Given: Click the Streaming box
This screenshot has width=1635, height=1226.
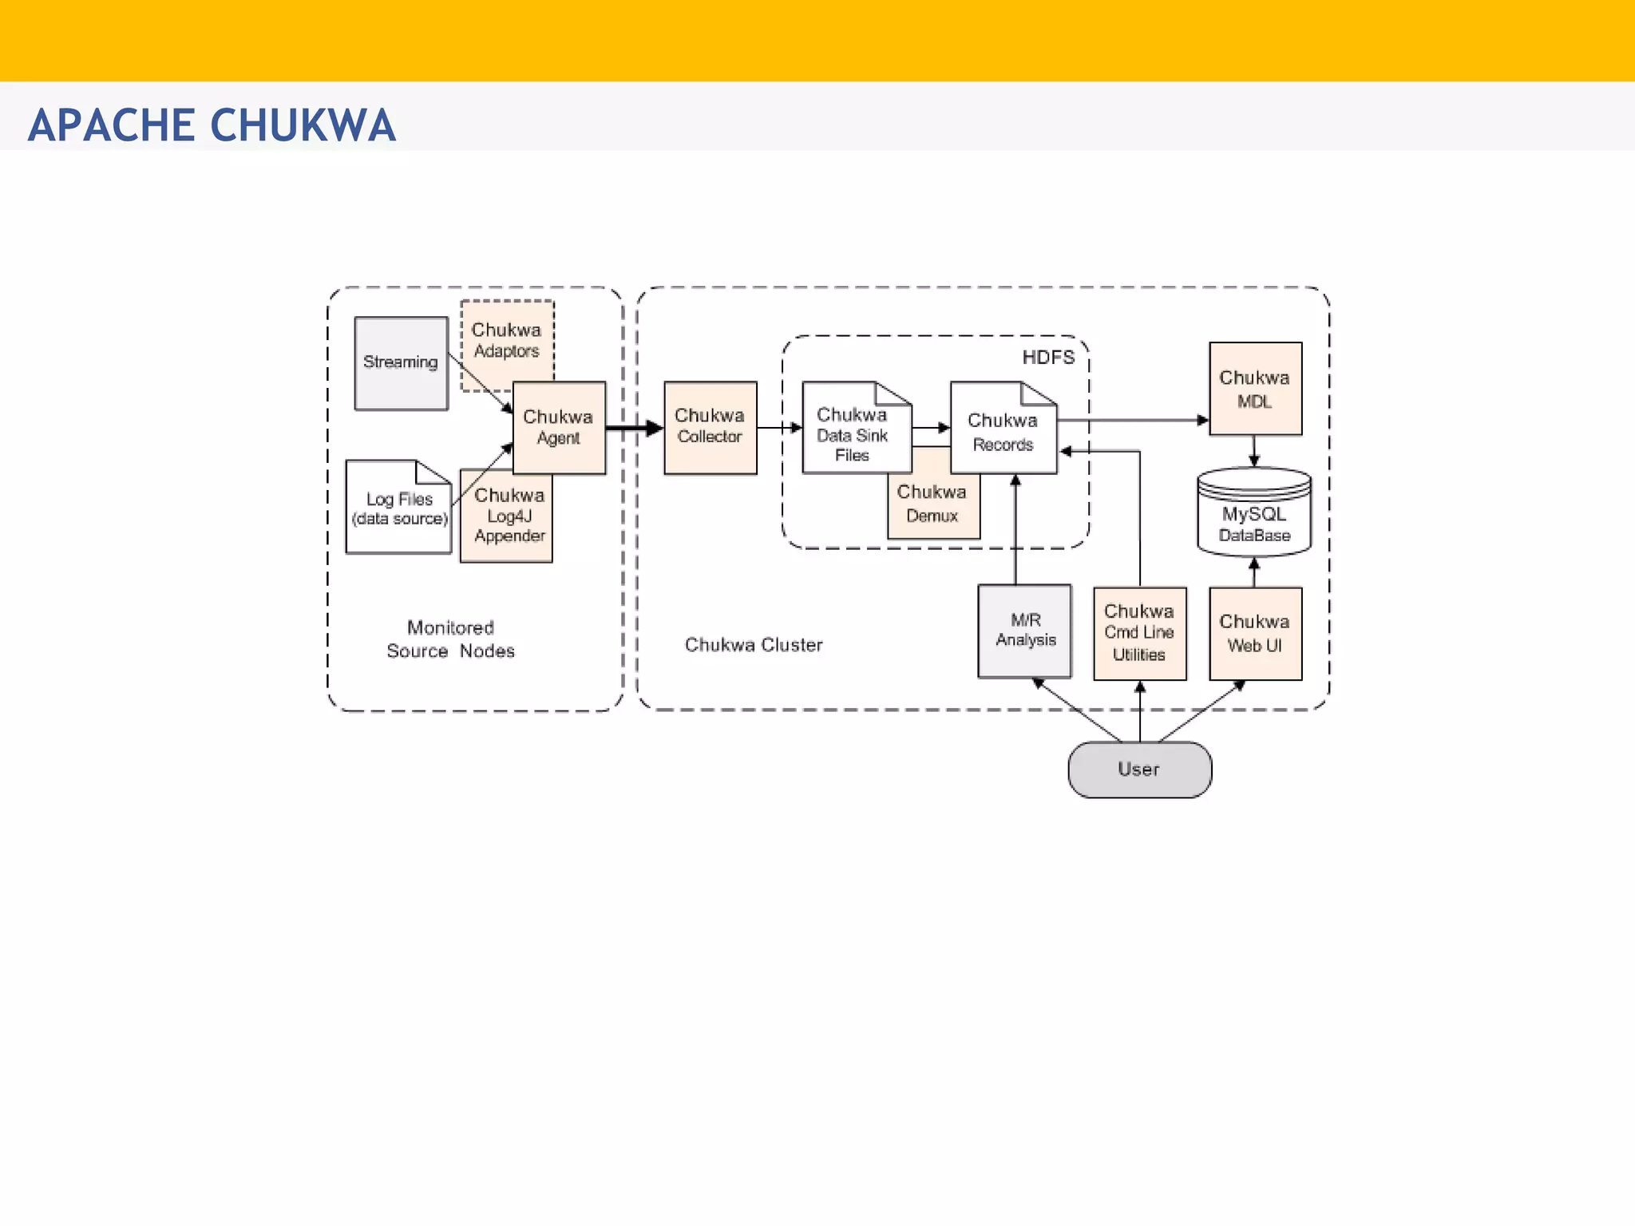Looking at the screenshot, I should click(x=401, y=363).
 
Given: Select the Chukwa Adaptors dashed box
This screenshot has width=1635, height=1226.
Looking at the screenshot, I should click(x=506, y=340).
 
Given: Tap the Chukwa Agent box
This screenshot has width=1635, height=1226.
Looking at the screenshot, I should click(x=559, y=428).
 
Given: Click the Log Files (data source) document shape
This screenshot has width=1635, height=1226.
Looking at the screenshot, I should click(x=398, y=508).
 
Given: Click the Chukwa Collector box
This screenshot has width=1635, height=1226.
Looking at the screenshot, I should click(x=710, y=427).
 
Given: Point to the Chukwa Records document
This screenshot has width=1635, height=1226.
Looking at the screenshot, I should click(x=1003, y=432).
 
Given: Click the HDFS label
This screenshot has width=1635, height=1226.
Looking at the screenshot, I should click(x=1048, y=358).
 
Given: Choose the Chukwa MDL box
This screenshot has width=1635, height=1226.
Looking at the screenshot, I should click(x=1255, y=389).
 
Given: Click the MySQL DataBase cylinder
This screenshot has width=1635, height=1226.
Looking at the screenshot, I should click(x=1254, y=515).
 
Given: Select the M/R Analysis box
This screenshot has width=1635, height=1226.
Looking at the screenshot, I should click(x=1025, y=631).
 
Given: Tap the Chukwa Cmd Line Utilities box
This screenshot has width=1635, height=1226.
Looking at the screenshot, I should click(x=1139, y=633).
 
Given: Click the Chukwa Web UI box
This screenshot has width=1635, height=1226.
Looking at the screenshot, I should click(x=1255, y=633).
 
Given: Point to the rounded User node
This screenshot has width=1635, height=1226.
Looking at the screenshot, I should click(x=1139, y=769).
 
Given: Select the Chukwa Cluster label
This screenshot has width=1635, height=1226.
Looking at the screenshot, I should click(x=753, y=645).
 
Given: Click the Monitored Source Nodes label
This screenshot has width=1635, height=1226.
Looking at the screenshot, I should click(x=450, y=639).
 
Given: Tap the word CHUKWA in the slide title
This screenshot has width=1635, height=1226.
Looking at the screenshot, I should click(x=303, y=125).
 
